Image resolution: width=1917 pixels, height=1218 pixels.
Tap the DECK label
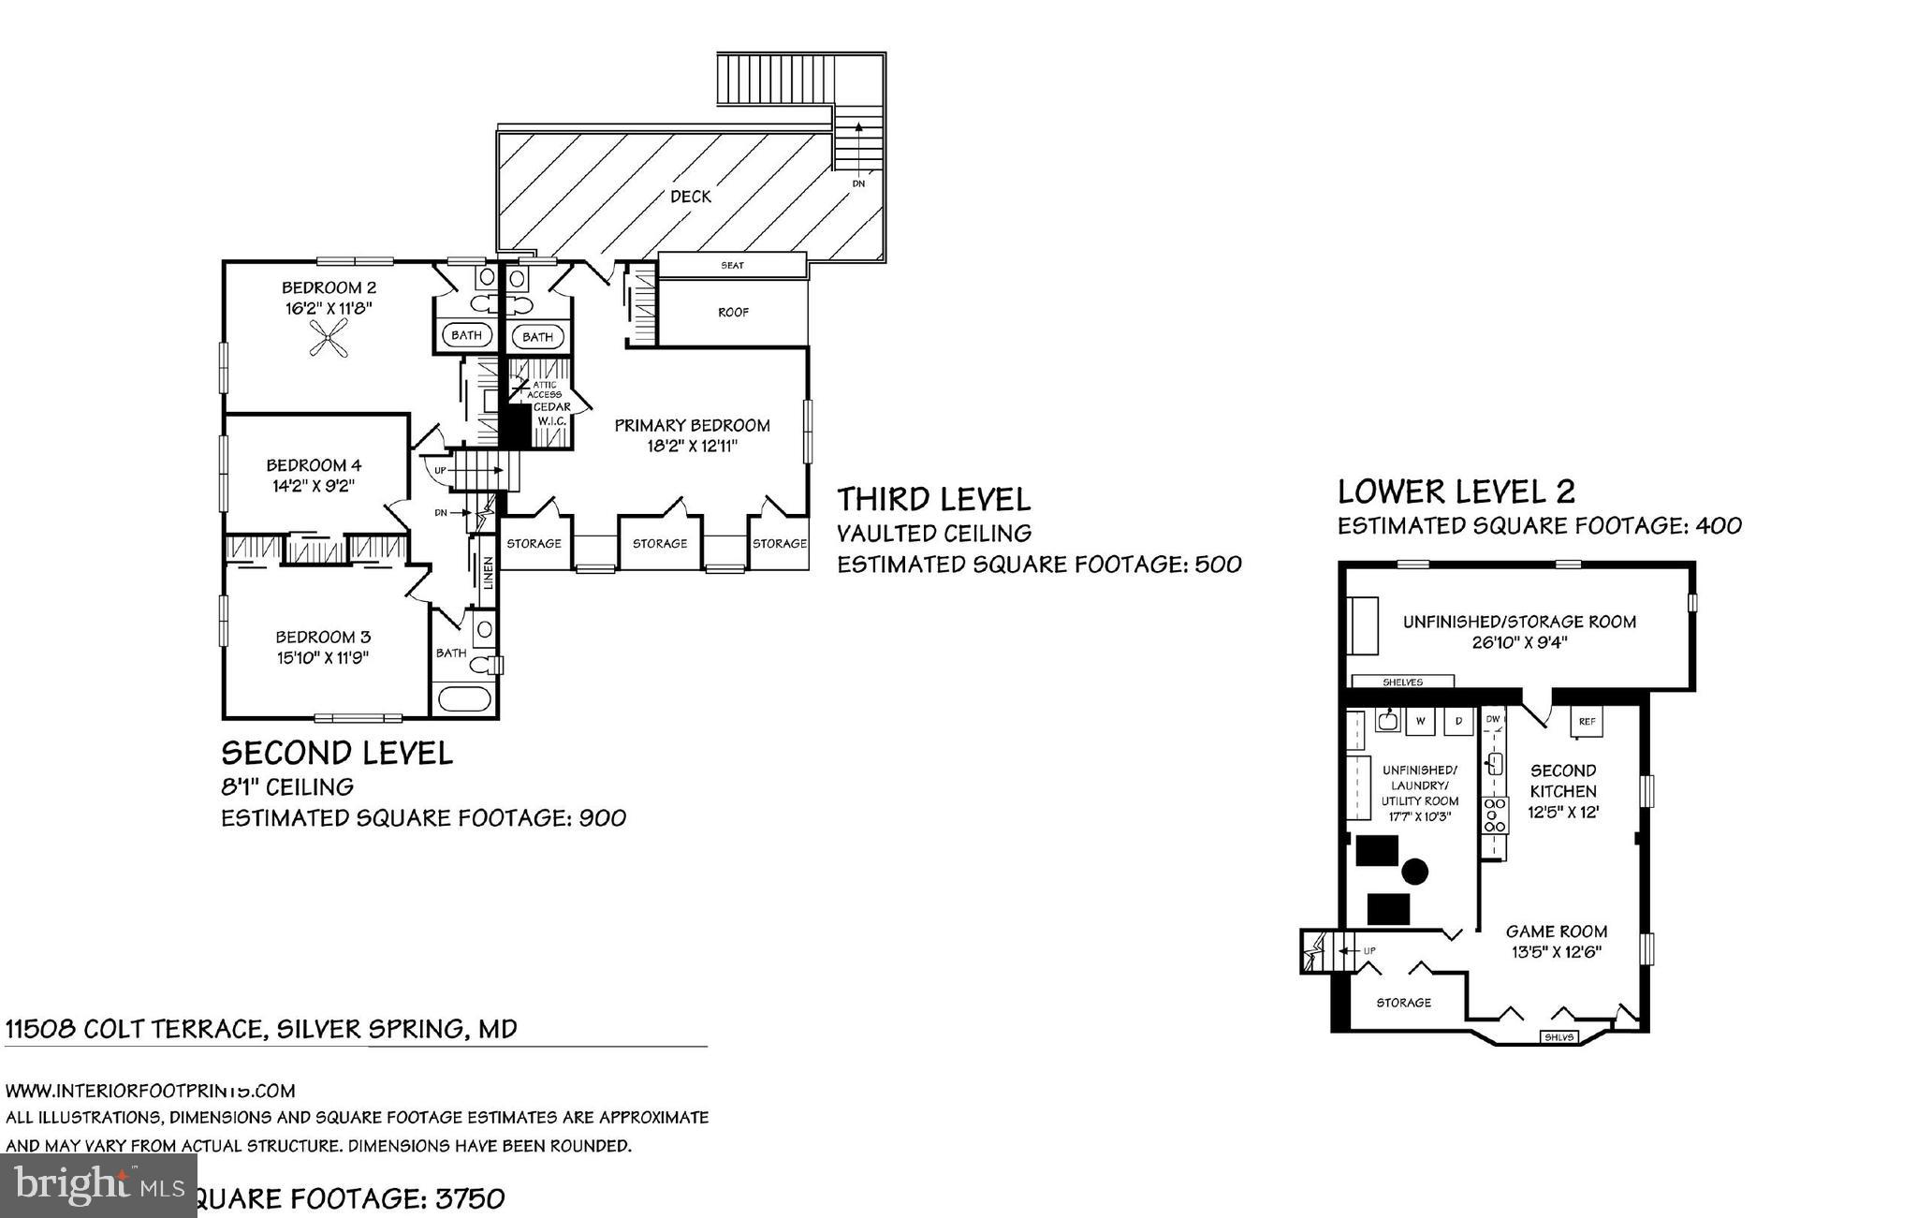691,197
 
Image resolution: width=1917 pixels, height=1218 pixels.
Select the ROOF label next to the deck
733,313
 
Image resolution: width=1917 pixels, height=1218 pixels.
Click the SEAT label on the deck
732,266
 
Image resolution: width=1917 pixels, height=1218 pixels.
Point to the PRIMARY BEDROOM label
692,426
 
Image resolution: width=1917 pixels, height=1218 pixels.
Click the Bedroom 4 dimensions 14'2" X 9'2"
314,485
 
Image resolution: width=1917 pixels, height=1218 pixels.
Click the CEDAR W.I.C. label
551,414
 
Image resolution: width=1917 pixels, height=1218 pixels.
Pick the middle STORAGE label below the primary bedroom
660,544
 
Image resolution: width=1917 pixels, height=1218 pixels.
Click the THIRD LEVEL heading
933,499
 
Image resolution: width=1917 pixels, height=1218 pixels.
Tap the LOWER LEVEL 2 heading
1456,492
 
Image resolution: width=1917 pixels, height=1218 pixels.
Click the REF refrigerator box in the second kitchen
1587,722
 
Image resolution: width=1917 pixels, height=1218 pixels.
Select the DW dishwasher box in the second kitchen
1493,719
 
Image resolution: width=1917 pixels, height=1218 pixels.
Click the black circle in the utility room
1415,873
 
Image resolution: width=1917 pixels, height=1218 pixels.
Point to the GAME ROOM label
1557,932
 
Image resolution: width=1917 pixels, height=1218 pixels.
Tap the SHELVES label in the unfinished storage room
1402,682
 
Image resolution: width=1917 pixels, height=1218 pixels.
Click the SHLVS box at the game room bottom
1560,1037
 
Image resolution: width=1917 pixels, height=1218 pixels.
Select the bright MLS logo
98,1185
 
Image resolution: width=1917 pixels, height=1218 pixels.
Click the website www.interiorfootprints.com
150,1091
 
